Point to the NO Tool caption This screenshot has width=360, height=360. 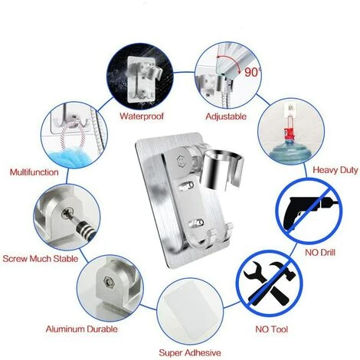(x=268, y=330)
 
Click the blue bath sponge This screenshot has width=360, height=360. (x=77, y=149)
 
